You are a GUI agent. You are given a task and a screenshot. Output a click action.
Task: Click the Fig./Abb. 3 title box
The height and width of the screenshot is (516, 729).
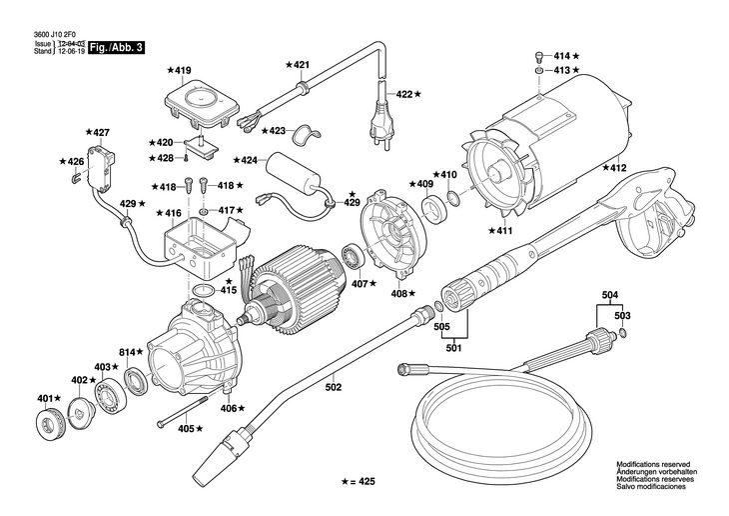[x=115, y=47]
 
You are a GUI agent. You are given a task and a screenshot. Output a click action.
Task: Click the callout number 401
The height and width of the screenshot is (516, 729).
[x=43, y=400]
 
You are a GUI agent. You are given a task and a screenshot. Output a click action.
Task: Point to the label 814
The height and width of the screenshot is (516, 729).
[x=128, y=353]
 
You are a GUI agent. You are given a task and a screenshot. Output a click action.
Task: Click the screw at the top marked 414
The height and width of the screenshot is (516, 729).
[x=539, y=56]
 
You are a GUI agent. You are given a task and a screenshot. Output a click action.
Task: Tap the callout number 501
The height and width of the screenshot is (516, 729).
[x=455, y=348]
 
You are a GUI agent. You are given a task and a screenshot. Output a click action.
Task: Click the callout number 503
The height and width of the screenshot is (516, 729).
[x=622, y=315]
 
